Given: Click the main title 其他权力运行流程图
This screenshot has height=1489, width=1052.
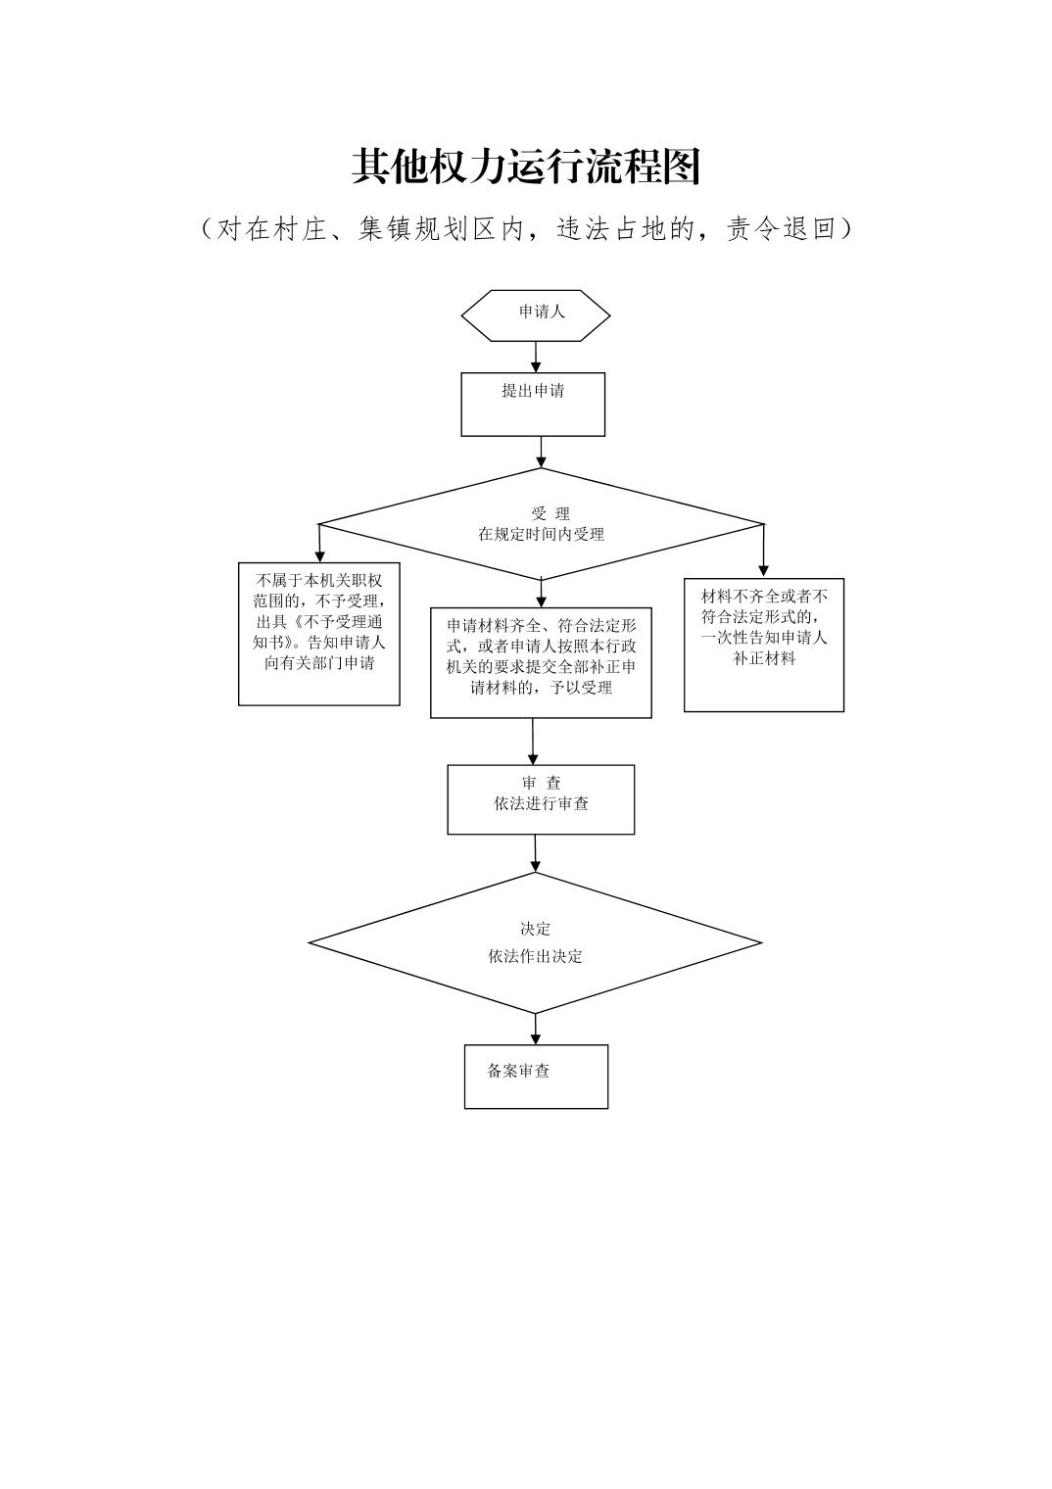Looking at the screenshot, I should (526, 168).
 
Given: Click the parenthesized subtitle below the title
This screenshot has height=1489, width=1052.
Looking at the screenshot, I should (526, 229).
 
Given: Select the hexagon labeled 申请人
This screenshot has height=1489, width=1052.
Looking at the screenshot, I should (536, 314).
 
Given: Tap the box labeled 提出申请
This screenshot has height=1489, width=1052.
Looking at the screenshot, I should (533, 404).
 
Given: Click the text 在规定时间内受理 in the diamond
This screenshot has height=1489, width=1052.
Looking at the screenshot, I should (541, 535).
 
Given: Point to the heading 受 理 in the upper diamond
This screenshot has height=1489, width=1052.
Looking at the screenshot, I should (550, 513).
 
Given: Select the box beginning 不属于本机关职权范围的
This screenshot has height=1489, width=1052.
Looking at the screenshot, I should (319, 633).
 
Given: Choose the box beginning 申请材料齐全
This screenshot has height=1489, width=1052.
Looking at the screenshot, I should (541, 662).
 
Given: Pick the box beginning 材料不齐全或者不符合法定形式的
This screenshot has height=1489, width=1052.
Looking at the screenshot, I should (764, 644).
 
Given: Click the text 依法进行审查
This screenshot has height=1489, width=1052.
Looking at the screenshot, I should (541, 804).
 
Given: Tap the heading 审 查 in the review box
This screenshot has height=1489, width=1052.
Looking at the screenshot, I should (541, 783).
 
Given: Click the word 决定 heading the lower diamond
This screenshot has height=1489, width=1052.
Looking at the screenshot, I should (535, 929).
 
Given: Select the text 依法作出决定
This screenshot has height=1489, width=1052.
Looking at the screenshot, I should (535, 956).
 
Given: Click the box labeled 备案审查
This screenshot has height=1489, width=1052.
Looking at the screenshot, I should (536, 1076).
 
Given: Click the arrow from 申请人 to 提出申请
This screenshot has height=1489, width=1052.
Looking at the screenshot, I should (536, 357).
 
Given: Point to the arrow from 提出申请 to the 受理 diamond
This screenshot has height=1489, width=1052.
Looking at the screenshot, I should (541, 452).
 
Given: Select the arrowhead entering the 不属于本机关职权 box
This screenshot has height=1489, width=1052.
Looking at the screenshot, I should (319, 554).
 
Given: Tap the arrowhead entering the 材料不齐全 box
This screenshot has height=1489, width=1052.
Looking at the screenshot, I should (764, 569).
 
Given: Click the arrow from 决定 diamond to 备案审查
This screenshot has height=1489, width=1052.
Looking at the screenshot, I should (536, 1030).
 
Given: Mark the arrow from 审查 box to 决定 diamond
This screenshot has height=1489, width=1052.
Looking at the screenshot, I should (536, 853).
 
